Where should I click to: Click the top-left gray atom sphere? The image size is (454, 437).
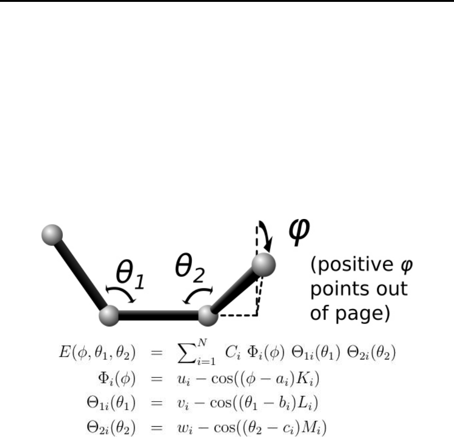click(x=52, y=234)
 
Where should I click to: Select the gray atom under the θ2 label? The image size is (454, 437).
click(x=208, y=316)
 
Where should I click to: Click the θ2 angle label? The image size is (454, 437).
click(x=189, y=269)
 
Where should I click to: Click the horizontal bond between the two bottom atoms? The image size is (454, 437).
click(x=159, y=316)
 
